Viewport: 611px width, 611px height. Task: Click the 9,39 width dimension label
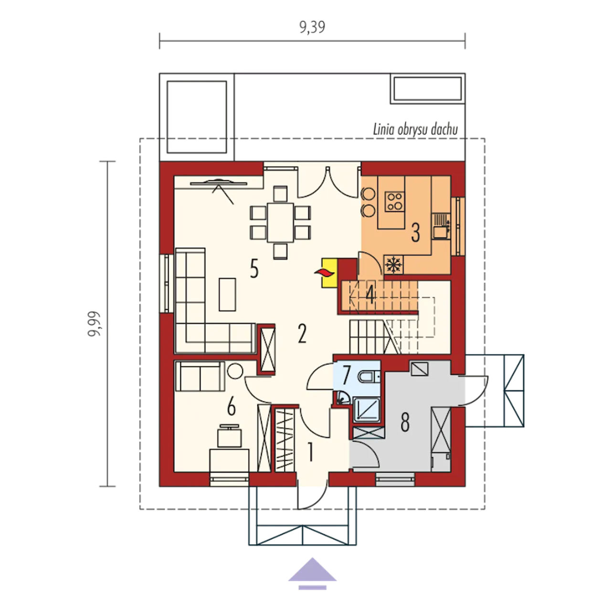coord(312,28)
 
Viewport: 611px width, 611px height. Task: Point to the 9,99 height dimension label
coord(94,324)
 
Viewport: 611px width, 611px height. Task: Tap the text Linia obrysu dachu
coord(415,130)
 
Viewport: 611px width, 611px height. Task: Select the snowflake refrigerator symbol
coord(393,264)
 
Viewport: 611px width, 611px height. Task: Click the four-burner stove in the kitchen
coord(395,201)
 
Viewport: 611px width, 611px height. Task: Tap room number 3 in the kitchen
coord(415,232)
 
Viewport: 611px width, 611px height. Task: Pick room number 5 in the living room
coord(254,269)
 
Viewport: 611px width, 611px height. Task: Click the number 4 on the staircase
coord(370,295)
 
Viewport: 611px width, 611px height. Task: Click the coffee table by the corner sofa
coord(227,294)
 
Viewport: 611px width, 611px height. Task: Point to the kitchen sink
coord(441,226)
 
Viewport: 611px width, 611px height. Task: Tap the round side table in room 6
coord(235,370)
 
